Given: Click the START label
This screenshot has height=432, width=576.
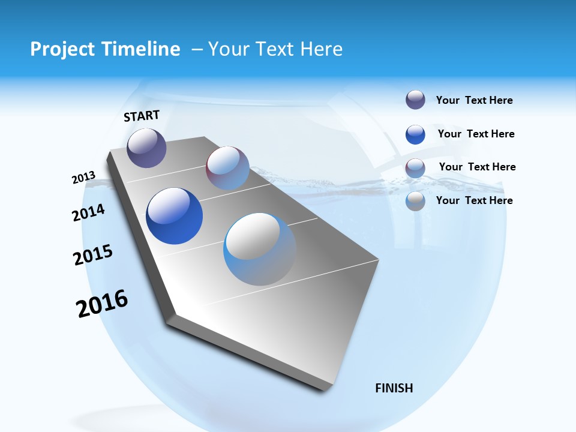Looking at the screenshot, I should point(142,116).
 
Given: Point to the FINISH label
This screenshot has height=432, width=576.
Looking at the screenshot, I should point(394,388).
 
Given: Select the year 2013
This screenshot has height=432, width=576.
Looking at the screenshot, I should point(83,178).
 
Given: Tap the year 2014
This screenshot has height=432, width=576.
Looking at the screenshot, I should point(88,213).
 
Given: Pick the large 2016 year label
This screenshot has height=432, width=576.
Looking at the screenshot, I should point(102,304).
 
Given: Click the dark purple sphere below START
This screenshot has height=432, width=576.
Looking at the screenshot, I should point(146,148).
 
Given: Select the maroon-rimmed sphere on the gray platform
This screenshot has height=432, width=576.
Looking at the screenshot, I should point(227,167).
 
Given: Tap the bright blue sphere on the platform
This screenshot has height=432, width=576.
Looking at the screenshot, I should point(174,216).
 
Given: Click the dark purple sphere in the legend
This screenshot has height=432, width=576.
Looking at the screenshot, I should point(415,100).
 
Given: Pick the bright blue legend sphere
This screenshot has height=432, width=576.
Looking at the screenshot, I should point(415,134).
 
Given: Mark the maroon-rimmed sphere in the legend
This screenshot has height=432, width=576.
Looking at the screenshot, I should point(415,168).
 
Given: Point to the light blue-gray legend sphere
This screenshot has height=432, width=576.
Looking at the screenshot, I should point(415,202).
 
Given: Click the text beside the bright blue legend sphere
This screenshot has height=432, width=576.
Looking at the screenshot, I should point(476,134).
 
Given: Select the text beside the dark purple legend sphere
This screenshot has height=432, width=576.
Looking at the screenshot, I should point(474,100).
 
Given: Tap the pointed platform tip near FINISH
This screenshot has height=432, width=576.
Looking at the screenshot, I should point(327,387).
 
